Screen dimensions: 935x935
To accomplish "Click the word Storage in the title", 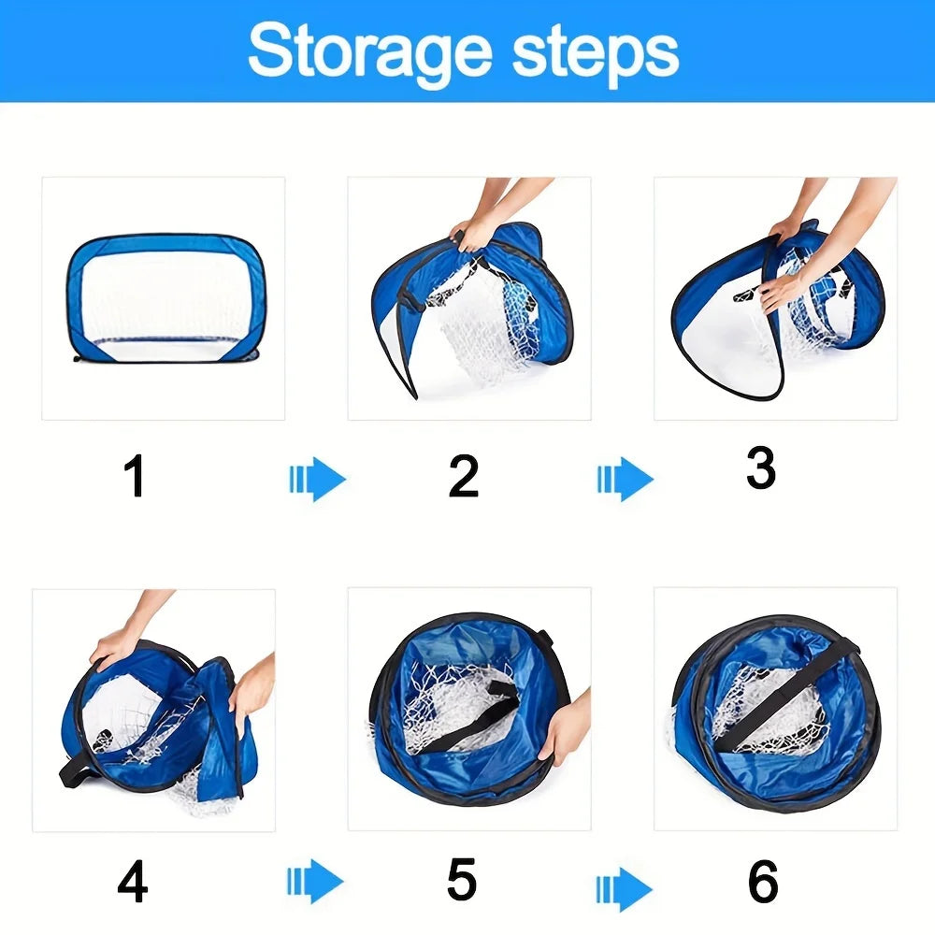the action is (x=370, y=53).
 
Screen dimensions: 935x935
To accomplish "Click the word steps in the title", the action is (x=596, y=54).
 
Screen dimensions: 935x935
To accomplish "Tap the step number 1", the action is (x=135, y=475).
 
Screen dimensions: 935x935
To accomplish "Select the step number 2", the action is (x=464, y=476).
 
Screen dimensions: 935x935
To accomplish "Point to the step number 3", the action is (x=761, y=467).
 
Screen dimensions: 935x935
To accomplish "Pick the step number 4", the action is (x=133, y=882).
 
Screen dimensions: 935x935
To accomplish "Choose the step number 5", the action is (x=462, y=879).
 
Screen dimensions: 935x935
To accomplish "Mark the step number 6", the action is (x=763, y=882).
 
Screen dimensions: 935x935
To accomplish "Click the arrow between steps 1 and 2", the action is (x=317, y=479).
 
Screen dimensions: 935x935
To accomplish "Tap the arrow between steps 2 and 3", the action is (x=626, y=479).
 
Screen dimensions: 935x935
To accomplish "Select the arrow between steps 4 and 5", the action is (x=315, y=882).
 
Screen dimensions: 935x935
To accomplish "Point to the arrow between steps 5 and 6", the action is (x=625, y=889).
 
